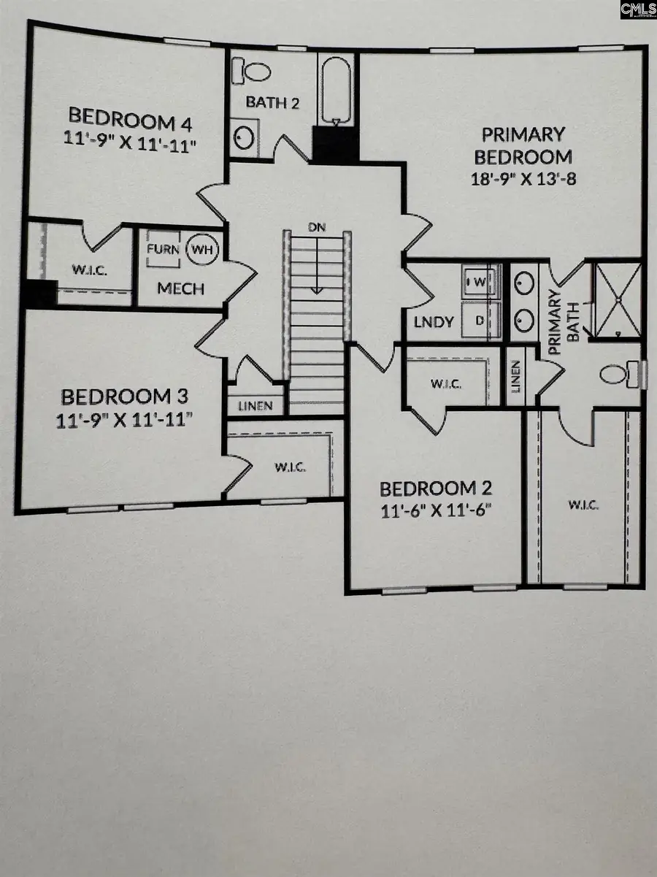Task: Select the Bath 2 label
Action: pos(272,103)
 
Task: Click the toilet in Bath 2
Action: pos(252,72)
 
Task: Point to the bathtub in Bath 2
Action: pos(336,88)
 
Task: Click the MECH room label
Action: pos(180,288)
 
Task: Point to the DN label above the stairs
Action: pos(316,228)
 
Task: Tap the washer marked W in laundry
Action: pos(480,280)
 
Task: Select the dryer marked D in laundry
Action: pos(480,319)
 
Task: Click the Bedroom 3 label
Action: pos(125,397)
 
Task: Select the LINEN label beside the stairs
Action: pos(255,406)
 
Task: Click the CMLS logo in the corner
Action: pos(637,10)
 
